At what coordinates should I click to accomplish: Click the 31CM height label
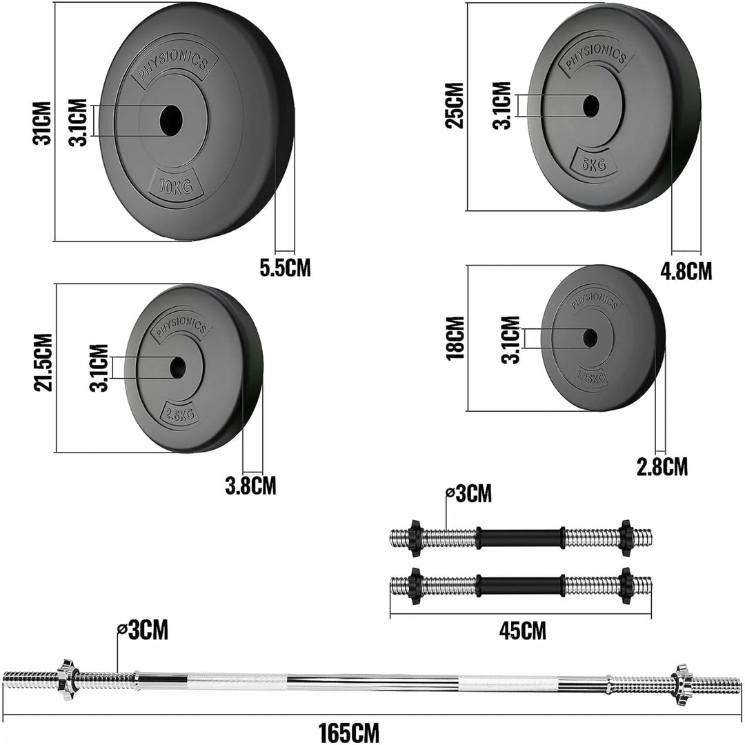(43, 123)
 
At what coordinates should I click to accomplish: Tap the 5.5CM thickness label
(285, 268)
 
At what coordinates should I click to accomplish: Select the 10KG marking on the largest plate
(174, 186)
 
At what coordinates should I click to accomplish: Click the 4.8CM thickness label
(686, 270)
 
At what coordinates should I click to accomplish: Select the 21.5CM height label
(43, 363)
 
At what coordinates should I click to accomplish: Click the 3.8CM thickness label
(250, 486)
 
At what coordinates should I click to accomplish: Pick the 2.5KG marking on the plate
(179, 414)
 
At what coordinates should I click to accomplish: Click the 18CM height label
(455, 338)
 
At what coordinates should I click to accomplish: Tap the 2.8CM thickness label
(662, 467)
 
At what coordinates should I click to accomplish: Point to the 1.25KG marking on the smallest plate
(590, 376)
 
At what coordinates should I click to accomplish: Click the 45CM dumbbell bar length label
(522, 630)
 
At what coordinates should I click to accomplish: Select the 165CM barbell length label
(348, 731)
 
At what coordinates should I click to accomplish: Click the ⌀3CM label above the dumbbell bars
(469, 493)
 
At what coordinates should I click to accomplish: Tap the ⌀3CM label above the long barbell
(143, 630)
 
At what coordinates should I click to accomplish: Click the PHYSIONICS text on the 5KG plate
(595, 56)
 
